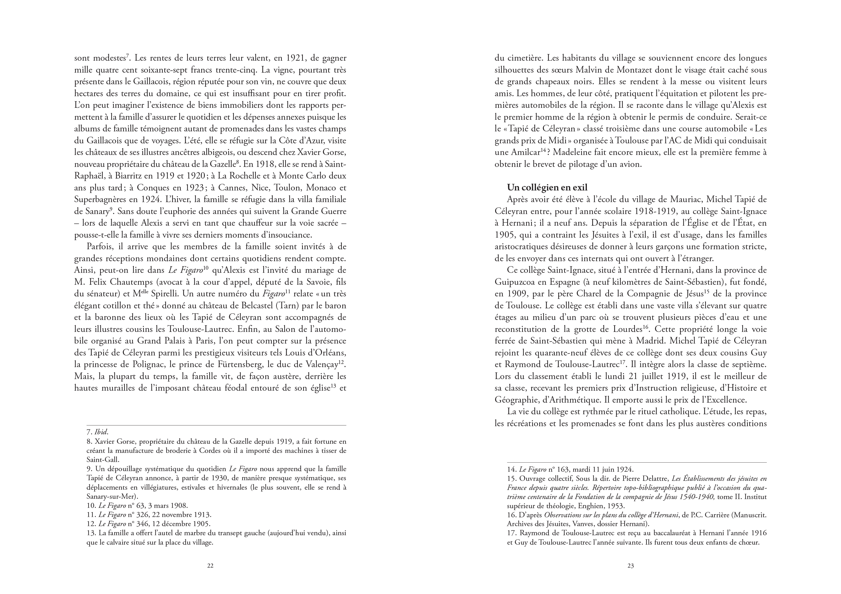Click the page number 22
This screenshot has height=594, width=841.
210,565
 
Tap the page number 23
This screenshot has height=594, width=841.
631,565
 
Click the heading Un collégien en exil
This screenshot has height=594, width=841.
547,188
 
